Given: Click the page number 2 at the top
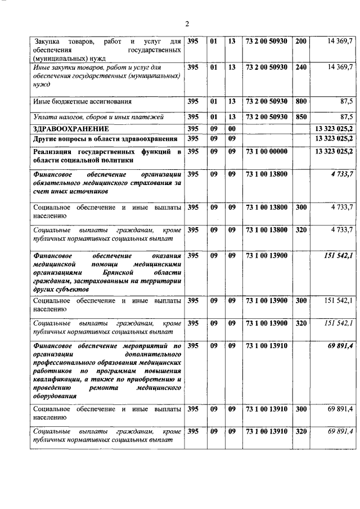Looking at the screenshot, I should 188,23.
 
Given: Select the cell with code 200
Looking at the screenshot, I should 301,41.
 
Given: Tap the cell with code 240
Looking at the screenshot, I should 301,67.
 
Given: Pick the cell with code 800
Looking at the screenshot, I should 301,101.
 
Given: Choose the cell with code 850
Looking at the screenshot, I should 301,117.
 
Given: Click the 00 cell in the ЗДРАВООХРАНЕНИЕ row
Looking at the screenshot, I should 231,129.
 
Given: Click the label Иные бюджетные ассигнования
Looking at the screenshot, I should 82,102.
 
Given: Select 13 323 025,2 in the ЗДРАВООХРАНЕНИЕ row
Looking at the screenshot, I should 334,129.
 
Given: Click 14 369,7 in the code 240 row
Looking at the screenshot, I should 339,67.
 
